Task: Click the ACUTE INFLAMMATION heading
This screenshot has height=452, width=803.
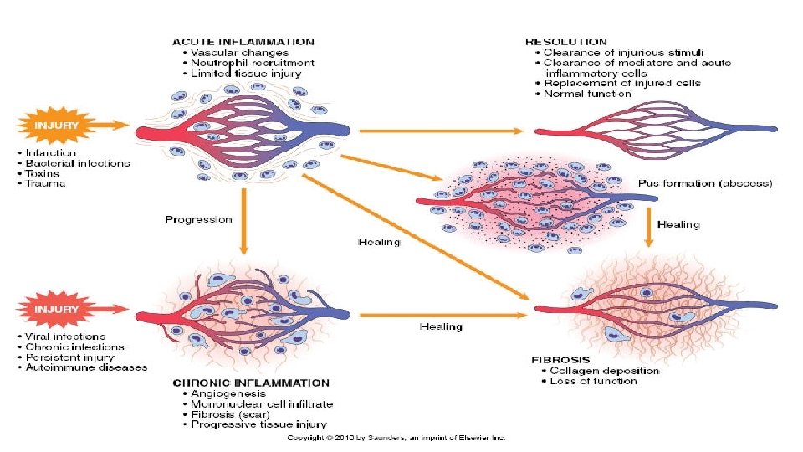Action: click(x=243, y=41)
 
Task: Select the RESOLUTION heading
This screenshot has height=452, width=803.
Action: click(x=565, y=41)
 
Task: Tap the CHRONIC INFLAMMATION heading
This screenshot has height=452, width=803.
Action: click(x=251, y=383)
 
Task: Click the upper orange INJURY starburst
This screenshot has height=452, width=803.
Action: click(x=57, y=126)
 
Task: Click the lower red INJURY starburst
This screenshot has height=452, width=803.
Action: click(x=57, y=310)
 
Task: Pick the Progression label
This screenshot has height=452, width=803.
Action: click(x=198, y=219)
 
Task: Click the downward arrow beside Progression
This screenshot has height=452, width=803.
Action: click(x=243, y=222)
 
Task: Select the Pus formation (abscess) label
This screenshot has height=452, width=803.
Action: click(x=705, y=182)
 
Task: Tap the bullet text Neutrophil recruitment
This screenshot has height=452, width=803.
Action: click(x=253, y=63)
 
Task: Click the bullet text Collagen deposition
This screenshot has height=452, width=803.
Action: click(x=605, y=370)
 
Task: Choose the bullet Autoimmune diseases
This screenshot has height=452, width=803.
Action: click(x=86, y=367)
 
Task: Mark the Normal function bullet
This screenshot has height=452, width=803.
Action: click(x=587, y=94)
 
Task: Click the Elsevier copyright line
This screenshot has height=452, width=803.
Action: click(x=396, y=438)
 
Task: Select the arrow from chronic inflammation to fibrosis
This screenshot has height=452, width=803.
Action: click(x=443, y=315)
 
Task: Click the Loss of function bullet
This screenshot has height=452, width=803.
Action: click(x=593, y=381)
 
